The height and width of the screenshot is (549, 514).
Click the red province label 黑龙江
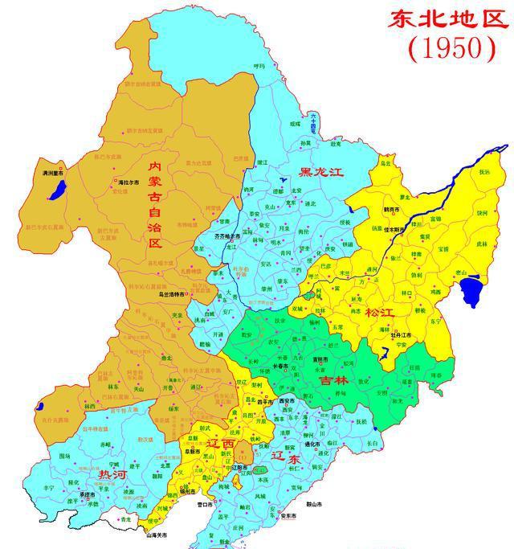321,172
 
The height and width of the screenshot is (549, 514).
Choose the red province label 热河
112,475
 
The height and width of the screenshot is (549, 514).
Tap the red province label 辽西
222,444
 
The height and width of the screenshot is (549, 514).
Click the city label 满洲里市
54,173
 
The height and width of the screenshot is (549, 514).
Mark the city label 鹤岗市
392,208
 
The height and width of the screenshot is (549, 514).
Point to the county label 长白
372,443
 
